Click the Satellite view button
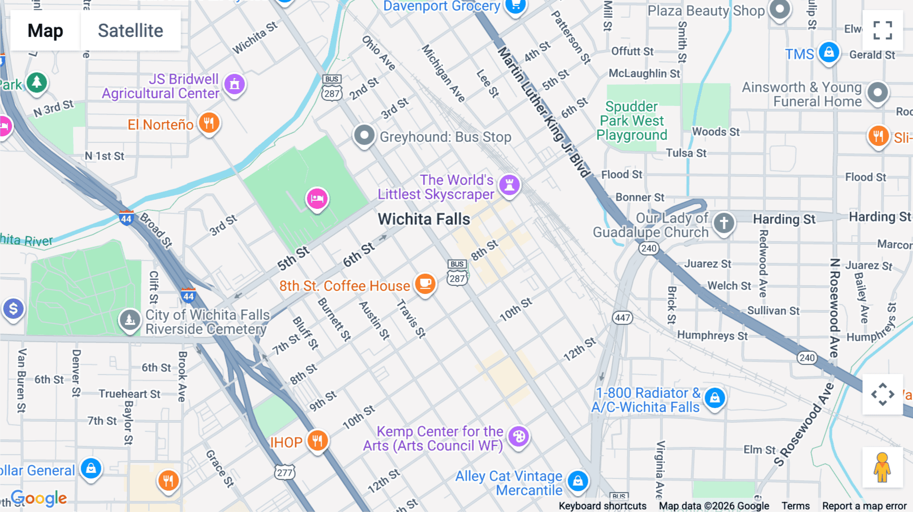tap(130, 30)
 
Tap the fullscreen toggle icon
tap(883, 30)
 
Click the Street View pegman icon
tap(882, 467)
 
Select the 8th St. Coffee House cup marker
tap(425, 284)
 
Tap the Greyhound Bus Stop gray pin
tap(364, 135)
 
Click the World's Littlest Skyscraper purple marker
tap(509, 185)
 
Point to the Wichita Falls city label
tap(424, 219)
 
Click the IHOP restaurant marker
tap(318, 441)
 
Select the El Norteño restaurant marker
tap(208, 123)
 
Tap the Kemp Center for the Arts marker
tap(518, 436)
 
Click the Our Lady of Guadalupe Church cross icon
tap(724, 223)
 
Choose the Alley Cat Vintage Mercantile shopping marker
tap(578, 481)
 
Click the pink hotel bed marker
tap(317, 198)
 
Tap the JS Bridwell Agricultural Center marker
tap(234, 84)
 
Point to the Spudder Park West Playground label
tap(632, 121)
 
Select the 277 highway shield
tap(285, 472)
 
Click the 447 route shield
tap(622, 318)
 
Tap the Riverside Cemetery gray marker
tap(130, 320)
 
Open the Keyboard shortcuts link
tap(602, 505)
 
